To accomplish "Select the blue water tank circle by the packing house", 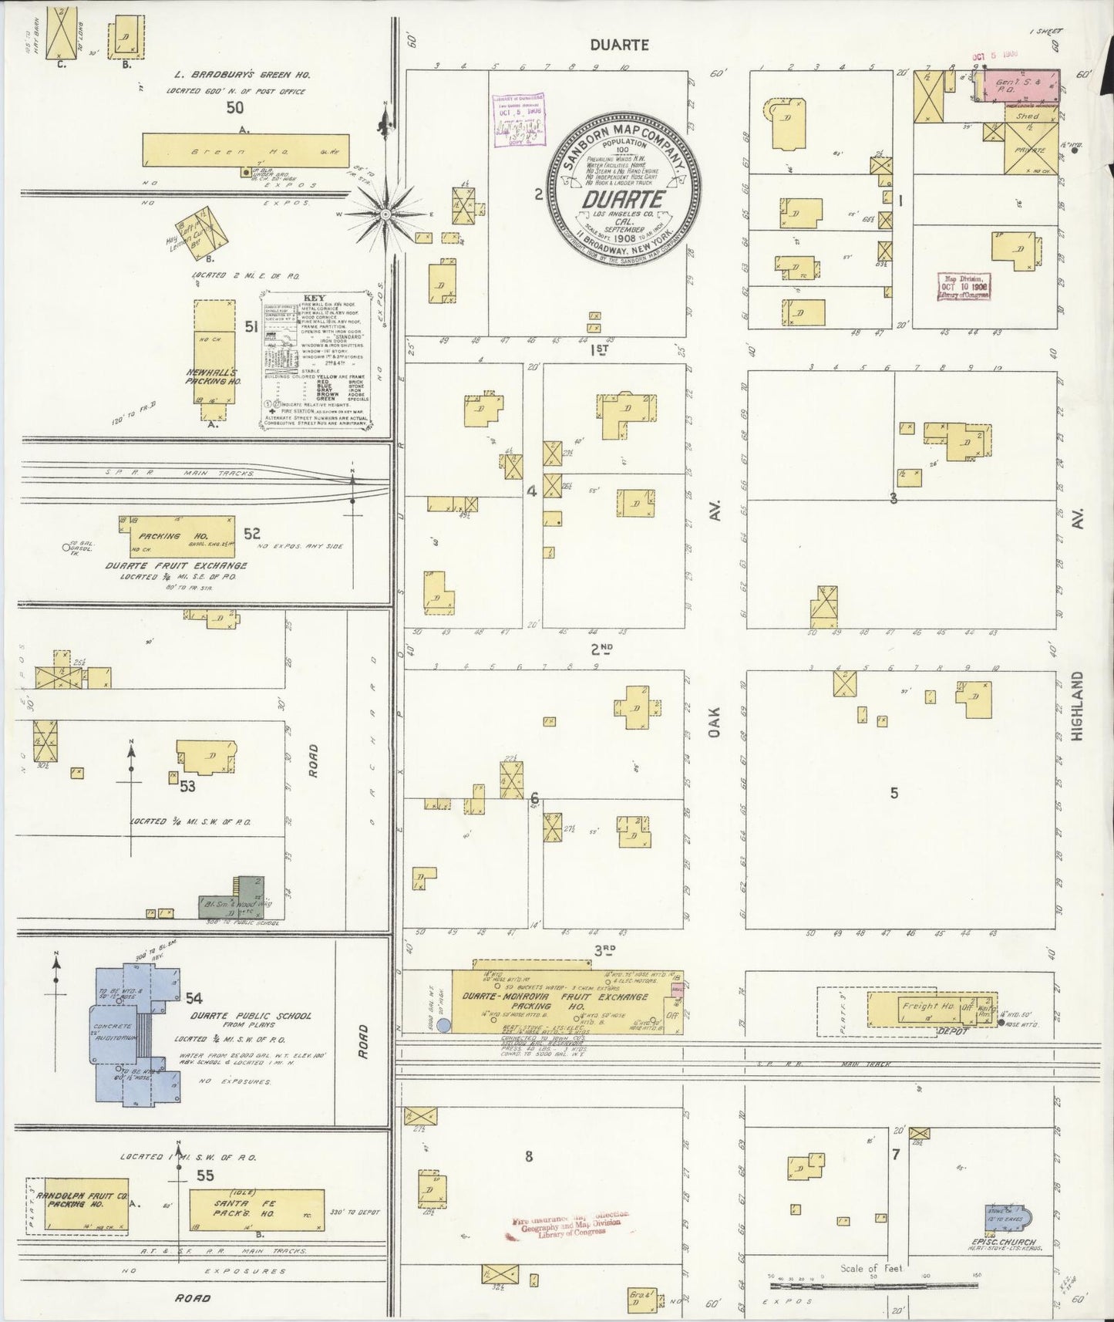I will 443,1025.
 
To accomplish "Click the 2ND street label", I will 601,649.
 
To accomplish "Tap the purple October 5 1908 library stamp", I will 517,118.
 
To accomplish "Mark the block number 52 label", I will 251,533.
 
